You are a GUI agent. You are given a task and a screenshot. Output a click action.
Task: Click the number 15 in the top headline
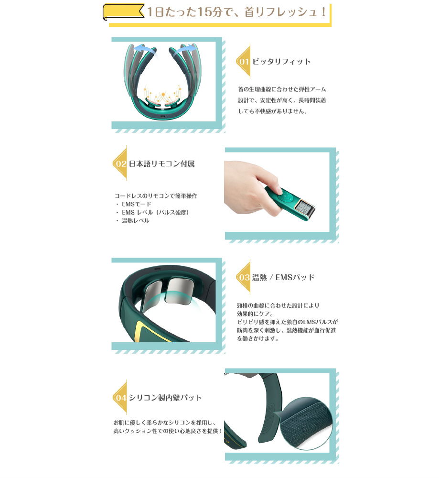click(x=204, y=12)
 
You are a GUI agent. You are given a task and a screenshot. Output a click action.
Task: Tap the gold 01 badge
click(x=244, y=61)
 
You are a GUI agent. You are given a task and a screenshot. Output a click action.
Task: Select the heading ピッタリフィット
click(x=281, y=61)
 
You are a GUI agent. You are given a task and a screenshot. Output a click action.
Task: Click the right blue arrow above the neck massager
click(x=184, y=49)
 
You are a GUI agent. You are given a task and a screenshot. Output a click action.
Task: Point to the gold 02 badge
click(x=120, y=163)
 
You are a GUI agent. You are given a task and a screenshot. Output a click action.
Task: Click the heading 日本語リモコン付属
click(x=162, y=163)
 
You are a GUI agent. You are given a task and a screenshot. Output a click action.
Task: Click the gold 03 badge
click(x=244, y=277)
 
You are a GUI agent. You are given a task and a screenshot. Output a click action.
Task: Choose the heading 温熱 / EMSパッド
click(x=283, y=277)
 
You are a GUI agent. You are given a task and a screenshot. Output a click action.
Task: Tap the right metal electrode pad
click(x=181, y=291)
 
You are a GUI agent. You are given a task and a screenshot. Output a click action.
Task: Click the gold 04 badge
click(x=120, y=397)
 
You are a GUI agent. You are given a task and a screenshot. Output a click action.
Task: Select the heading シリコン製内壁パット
click(x=165, y=398)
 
